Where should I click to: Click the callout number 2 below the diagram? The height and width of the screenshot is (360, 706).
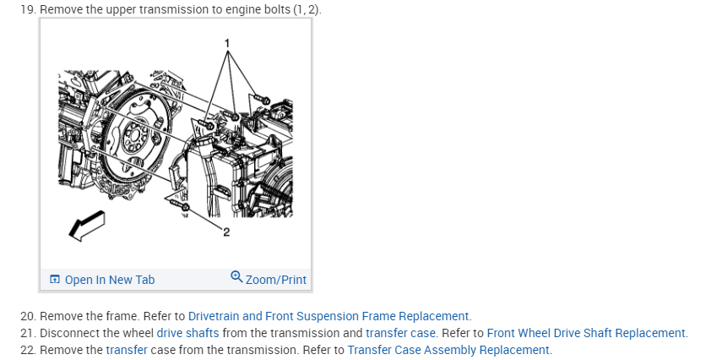[226, 233]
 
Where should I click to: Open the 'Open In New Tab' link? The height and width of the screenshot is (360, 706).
[109, 280]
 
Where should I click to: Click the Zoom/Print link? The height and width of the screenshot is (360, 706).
[275, 280]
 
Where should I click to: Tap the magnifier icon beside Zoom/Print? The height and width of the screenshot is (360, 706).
[236, 278]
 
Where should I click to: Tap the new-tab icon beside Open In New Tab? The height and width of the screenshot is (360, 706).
[55, 280]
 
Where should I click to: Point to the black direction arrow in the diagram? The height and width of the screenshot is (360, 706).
[86, 225]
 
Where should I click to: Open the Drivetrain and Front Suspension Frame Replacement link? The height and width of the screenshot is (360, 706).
[329, 316]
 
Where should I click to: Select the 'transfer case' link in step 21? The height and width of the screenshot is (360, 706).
[400, 333]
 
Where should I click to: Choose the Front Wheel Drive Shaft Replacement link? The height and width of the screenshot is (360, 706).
[587, 333]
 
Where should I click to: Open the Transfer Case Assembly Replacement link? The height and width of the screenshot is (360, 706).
[448, 350]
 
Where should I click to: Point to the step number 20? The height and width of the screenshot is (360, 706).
[27, 316]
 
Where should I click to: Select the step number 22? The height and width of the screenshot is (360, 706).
[27, 350]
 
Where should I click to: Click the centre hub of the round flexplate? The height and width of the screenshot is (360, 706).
[133, 133]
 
